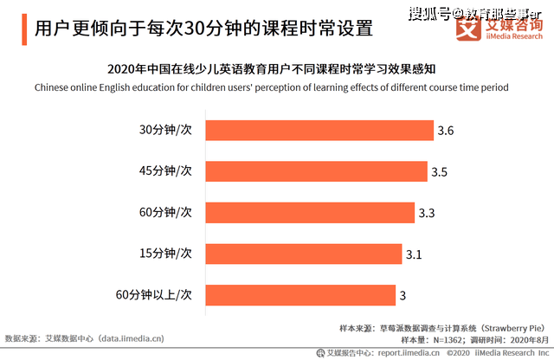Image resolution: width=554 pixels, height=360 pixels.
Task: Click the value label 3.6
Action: tap(446, 131)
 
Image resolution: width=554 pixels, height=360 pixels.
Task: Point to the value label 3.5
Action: tap(439, 171)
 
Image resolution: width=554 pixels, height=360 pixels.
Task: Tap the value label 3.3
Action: tap(427, 212)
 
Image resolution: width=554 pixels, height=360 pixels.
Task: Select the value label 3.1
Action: tap(415, 254)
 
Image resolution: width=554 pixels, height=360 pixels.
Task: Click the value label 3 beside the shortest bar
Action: tap(403, 295)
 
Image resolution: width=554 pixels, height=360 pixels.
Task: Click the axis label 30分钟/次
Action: tap(165, 130)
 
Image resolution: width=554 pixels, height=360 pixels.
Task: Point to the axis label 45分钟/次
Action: tap(165, 171)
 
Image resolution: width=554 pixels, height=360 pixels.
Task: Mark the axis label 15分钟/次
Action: tap(165, 254)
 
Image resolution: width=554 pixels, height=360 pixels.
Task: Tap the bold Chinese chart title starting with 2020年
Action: tap(277, 68)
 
